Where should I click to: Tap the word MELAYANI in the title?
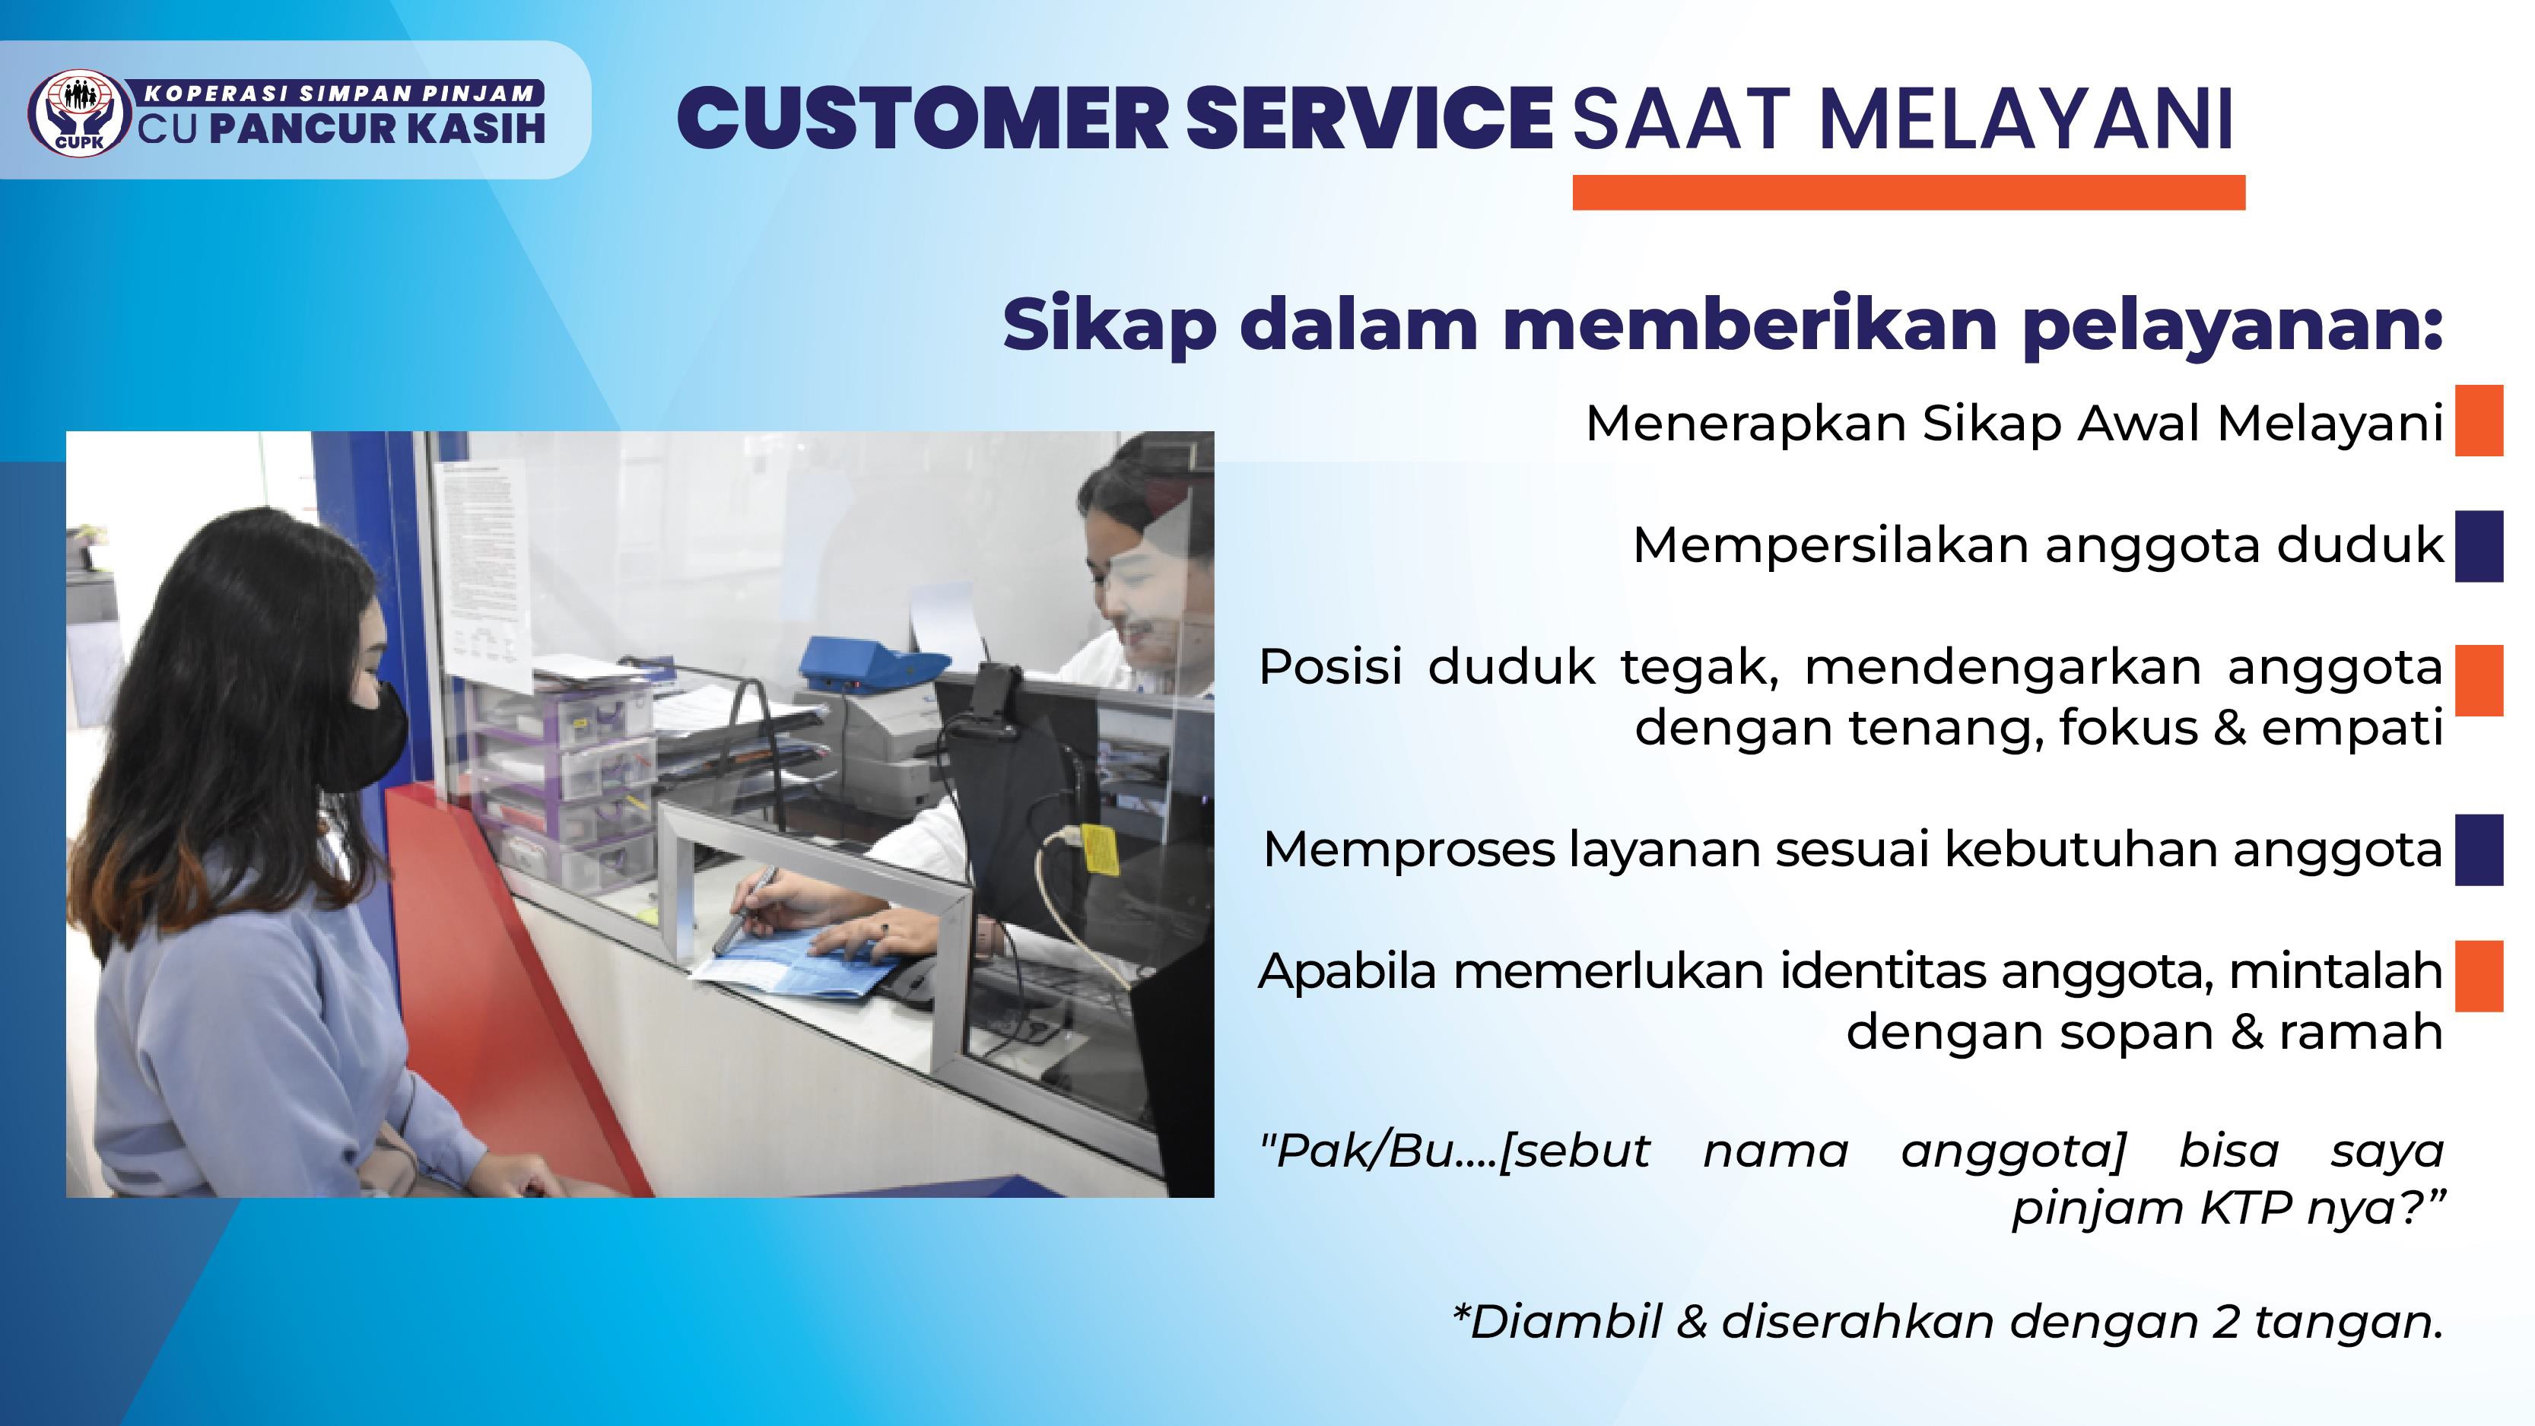2026,120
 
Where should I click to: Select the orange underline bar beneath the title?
1908,192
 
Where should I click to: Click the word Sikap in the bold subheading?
1109,325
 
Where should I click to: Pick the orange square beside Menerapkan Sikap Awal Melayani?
2479,421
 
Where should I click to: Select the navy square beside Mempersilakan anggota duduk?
2479,546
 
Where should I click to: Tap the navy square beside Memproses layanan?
2479,850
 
